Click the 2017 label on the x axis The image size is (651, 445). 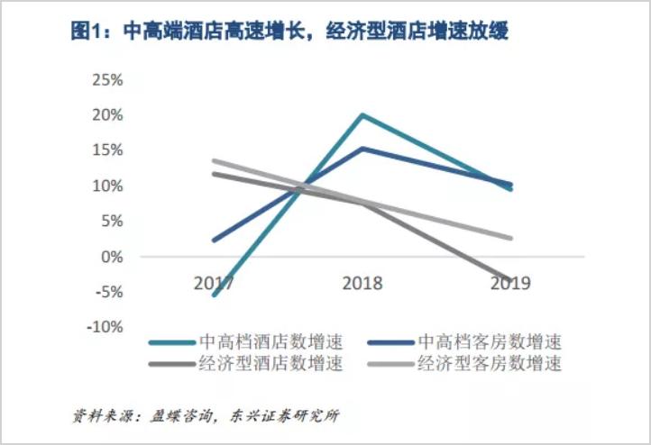coord(214,283)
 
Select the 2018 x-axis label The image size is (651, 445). coord(362,283)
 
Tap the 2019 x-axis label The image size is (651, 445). coord(511,283)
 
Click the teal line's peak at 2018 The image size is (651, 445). coord(362,115)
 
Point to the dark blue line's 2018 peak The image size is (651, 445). coord(362,149)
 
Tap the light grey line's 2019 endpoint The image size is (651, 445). coord(511,239)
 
